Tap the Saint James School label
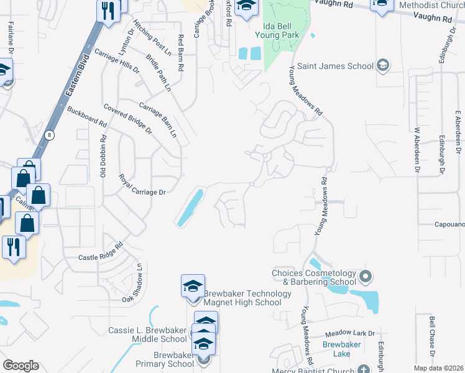(335, 66)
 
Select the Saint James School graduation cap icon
(383, 65)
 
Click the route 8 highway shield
(50, 135)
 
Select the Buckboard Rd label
(86, 116)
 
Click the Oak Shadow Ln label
(132, 283)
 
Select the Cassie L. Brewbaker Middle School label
(147, 334)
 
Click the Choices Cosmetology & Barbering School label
(313, 277)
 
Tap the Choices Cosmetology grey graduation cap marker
(366, 275)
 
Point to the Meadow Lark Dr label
(354, 333)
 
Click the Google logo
(21, 366)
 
